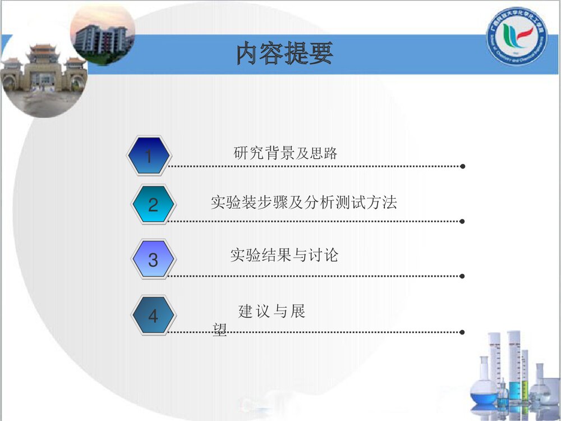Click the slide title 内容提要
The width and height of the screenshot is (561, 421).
[x=284, y=54]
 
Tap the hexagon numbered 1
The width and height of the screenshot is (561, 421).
[x=148, y=155]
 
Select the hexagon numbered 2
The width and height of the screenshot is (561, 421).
[x=153, y=205]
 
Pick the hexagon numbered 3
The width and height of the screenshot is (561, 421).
[x=153, y=260]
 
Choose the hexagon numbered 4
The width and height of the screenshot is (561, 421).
[x=153, y=316]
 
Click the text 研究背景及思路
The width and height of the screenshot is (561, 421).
[x=285, y=153]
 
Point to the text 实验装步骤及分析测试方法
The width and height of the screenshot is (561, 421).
[x=304, y=203]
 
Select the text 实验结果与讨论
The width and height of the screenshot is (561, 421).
[x=284, y=255]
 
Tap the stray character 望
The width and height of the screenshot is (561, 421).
[x=220, y=331]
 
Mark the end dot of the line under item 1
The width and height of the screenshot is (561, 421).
[x=462, y=166]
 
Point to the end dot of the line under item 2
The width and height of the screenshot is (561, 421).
[x=462, y=221]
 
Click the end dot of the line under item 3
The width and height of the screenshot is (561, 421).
[x=462, y=276]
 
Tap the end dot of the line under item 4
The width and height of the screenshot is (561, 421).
[x=462, y=332]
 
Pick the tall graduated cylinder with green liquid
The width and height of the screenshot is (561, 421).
[x=514, y=365]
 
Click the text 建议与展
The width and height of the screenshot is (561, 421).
[x=272, y=311]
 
